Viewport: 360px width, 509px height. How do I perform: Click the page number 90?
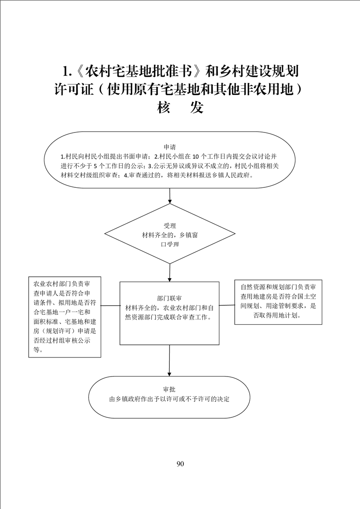point(180,464)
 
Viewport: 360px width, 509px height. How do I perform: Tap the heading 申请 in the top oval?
point(170,147)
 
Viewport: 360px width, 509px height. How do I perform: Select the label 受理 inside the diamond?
point(170,226)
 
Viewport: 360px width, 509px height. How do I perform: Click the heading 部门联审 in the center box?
point(169,299)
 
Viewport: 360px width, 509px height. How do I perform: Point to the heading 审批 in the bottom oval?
point(169,389)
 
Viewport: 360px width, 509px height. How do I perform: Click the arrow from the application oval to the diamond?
point(170,196)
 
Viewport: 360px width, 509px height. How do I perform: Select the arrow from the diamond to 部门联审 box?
point(170,272)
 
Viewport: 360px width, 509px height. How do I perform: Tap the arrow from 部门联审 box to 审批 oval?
point(169,360)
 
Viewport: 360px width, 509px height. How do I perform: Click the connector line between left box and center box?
point(110,305)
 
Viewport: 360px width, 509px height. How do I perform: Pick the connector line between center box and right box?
point(227,305)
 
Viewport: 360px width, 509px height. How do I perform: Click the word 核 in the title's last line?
point(164,108)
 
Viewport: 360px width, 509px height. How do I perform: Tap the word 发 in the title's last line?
point(197,108)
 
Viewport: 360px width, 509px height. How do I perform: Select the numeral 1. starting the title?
point(67,71)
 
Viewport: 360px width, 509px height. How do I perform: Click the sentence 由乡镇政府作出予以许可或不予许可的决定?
point(169,399)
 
